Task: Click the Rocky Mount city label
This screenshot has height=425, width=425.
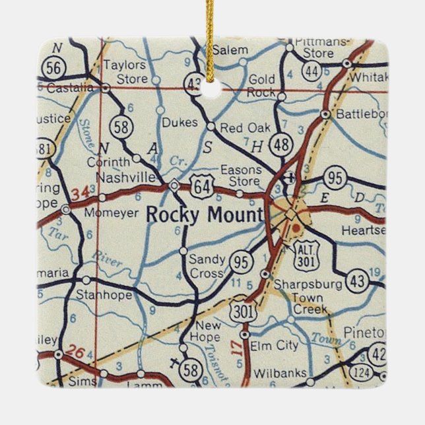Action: tap(204, 215)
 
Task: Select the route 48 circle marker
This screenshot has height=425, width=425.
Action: tap(281, 146)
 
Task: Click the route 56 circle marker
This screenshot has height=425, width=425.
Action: tap(50, 67)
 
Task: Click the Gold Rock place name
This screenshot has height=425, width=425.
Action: tap(261, 86)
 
